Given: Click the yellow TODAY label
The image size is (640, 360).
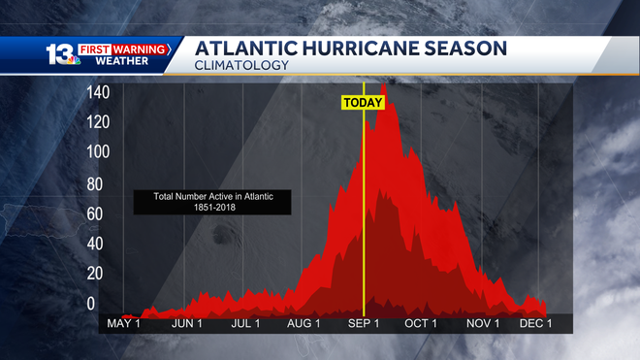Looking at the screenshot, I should click(363, 102).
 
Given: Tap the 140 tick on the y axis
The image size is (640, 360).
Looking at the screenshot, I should click(98, 92).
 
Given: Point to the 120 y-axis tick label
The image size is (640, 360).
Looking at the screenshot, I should click(98, 122).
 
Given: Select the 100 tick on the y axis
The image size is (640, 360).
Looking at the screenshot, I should click(98, 152).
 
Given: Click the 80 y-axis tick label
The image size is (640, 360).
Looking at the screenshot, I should click(95, 183).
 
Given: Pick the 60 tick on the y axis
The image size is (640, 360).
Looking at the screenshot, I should click(95, 213).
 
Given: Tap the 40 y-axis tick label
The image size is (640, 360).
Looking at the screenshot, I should click(95, 244).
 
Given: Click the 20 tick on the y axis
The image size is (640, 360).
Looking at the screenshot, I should click(95, 275).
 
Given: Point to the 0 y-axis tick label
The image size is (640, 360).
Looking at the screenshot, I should click(91, 304).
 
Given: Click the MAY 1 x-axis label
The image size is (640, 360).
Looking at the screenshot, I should click(124, 323).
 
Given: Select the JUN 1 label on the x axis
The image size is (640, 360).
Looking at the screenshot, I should click(186, 323).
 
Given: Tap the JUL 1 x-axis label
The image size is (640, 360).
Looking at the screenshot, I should click(245, 323).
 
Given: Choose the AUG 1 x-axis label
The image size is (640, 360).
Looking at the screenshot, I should click(304, 323).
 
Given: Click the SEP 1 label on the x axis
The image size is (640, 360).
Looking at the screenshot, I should click(364, 323).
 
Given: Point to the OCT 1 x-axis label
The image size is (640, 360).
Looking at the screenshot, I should click(421, 323).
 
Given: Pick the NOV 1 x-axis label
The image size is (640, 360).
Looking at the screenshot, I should click(482, 323).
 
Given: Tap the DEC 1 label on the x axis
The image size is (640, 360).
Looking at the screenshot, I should click(536, 323).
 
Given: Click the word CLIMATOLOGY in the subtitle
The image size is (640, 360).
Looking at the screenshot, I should click(241, 65).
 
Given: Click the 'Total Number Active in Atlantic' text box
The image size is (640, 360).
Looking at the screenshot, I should click(213, 202).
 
